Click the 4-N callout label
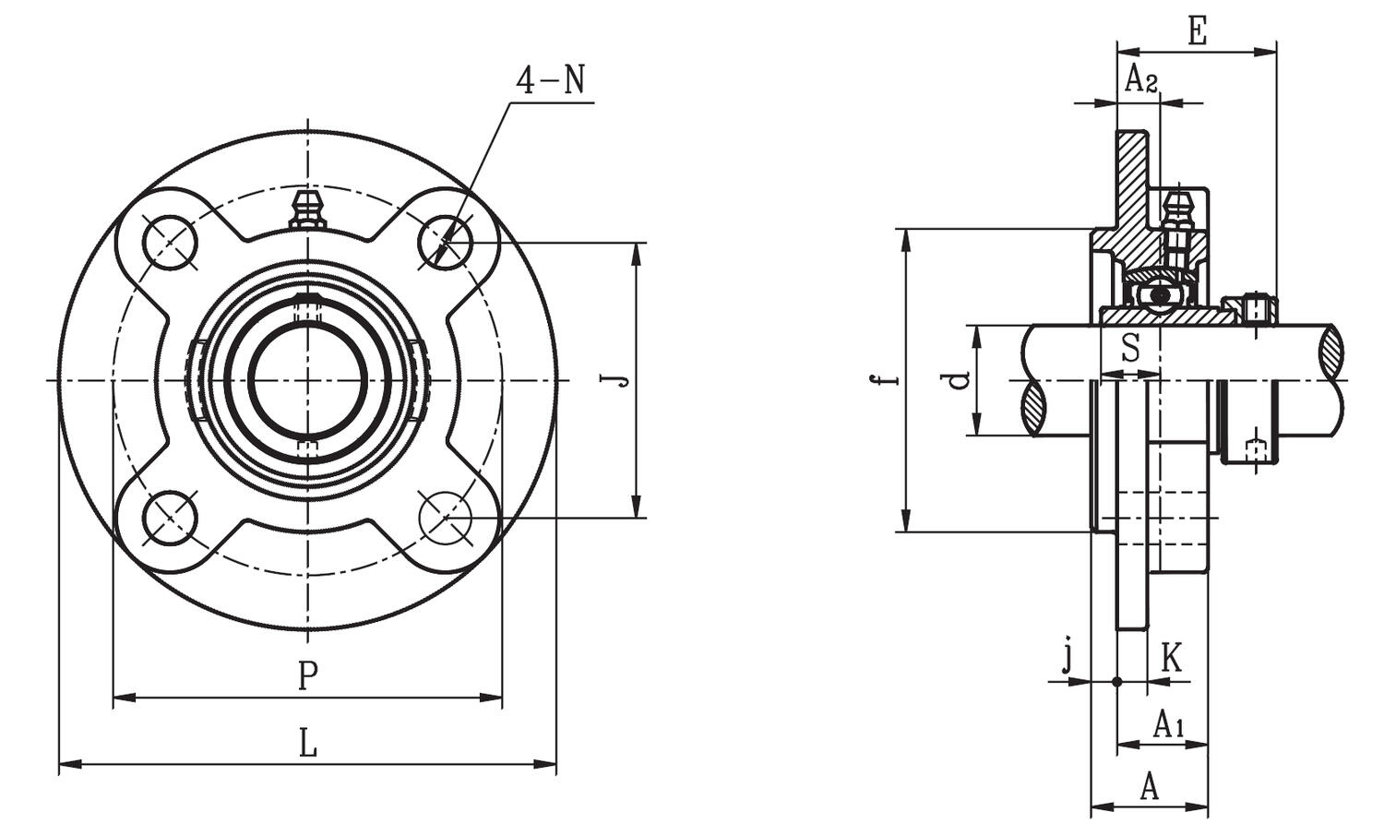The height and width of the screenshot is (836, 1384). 550,80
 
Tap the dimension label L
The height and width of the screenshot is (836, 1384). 308,743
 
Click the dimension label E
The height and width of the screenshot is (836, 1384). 1197,31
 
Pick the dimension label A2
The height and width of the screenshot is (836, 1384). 1140,80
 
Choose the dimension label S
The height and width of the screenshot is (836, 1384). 1130,349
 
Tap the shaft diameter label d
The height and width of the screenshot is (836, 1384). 960,379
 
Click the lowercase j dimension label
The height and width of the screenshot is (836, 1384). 1068,657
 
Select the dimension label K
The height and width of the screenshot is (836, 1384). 1170,659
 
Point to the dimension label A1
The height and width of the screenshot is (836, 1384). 1169,724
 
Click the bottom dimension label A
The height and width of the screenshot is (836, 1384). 1149,787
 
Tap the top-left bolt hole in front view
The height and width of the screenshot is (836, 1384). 170,243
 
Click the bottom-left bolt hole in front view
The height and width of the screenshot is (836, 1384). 171,518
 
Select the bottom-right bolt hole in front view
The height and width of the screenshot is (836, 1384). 446,518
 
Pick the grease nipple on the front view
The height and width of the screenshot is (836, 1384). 307,209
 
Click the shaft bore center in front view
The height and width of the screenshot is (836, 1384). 308,380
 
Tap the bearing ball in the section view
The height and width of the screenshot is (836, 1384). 1159,294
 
